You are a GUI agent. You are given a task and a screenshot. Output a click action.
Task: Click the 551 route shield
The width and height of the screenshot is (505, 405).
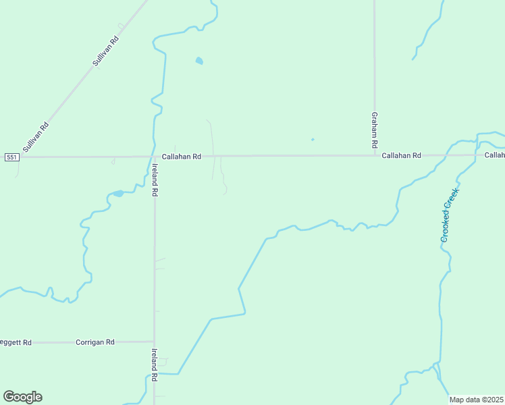point(11,157)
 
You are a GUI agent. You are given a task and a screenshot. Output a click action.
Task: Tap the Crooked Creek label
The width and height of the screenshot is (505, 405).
point(450,215)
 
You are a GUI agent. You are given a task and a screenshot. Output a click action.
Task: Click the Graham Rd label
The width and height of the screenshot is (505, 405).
point(374,130)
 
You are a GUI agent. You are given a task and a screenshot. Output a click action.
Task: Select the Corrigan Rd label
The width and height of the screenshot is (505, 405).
point(95,342)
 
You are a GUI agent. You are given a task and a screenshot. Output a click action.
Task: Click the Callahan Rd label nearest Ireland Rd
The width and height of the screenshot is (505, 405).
point(181,157)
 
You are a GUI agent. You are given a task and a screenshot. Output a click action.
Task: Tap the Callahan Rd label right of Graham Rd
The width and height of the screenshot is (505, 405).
point(401,155)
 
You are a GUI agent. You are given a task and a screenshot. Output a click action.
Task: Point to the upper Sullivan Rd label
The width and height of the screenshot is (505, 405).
point(105,51)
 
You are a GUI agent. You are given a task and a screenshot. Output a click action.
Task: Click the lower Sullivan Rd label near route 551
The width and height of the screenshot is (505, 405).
point(36,136)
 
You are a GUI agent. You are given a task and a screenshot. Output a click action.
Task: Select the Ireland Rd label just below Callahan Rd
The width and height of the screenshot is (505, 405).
point(155,180)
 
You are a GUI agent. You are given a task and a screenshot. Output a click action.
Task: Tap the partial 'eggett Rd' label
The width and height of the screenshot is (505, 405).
point(16,342)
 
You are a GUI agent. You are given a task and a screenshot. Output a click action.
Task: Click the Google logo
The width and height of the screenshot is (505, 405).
point(22,397)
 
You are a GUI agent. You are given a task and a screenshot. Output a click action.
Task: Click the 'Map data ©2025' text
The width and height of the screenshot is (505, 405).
point(477,400)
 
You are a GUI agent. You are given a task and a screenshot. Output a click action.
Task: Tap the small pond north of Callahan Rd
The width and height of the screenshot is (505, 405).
point(199,61)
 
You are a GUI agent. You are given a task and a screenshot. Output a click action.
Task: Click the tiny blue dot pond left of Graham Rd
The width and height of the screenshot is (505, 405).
point(312,140)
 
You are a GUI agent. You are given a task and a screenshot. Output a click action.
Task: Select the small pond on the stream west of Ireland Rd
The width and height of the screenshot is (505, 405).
point(118,194)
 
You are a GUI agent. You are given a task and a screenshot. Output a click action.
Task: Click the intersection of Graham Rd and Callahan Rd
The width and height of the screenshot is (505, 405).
point(375,155)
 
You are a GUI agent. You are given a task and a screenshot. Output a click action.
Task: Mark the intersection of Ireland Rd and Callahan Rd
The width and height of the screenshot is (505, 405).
point(155,157)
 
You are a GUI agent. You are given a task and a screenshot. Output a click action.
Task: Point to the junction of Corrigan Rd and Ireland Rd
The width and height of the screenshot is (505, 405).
point(154,342)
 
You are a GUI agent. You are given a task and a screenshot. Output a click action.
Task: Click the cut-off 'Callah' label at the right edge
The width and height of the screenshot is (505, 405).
point(494,155)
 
